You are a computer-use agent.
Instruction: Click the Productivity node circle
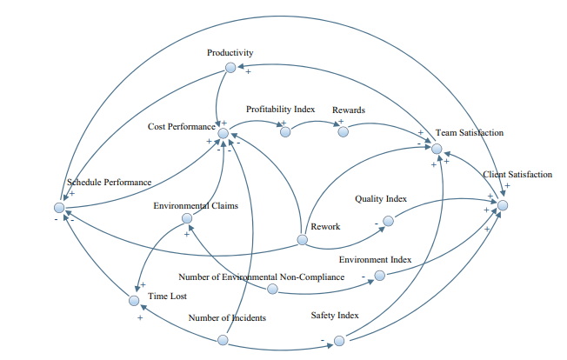click(x=230, y=68)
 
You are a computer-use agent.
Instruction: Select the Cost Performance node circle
click(x=223, y=133)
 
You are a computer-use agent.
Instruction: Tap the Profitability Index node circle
click(x=283, y=131)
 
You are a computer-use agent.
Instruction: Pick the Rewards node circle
click(x=343, y=131)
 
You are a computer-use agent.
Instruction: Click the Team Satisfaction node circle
click(x=437, y=148)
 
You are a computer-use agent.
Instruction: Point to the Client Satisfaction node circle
click(x=502, y=204)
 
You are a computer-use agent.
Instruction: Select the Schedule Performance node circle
click(x=58, y=207)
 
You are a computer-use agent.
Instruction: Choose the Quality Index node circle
click(x=389, y=222)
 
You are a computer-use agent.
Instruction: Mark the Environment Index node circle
click(x=378, y=277)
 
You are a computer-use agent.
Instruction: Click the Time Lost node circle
click(x=134, y=301)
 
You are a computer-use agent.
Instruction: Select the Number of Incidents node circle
click(x=223, y=339)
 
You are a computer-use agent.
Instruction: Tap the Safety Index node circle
click(x=337, y=342)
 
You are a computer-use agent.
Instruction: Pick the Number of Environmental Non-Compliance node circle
click(x=272, y=288)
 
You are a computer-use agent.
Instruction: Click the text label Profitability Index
click(x=280, y=110)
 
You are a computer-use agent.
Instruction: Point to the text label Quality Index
click(x=381, y=199)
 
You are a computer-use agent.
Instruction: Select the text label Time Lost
click(x=168, y=297)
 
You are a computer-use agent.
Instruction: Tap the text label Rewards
click(x=349, y=110)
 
